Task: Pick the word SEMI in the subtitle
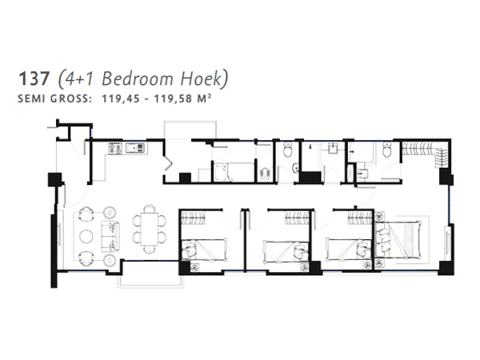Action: click(28, 100)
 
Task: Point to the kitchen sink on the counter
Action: click(115, 148)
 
